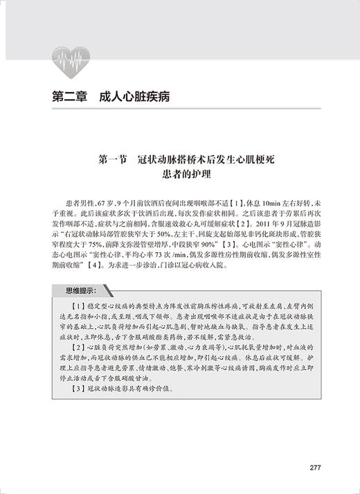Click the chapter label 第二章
[69, 96]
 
